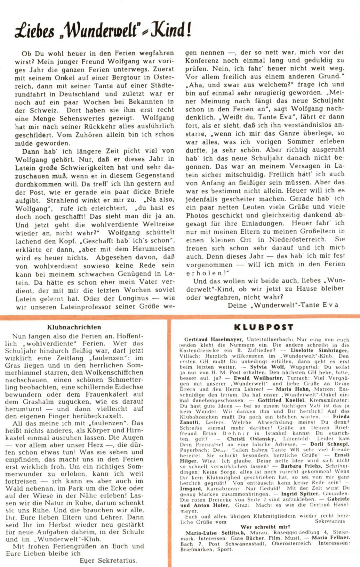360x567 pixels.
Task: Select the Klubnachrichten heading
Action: pyautogui.click(x=74, y=327)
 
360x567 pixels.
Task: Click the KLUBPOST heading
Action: pyautogui.click(x=264, y=327)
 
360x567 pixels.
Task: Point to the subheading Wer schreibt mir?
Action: pyautogui.click(x=265, y=527)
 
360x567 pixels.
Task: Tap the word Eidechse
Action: pyautogui.click(x=124, y=387)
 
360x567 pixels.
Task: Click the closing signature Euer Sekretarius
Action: pyautogui.click(x=108, y=561)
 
